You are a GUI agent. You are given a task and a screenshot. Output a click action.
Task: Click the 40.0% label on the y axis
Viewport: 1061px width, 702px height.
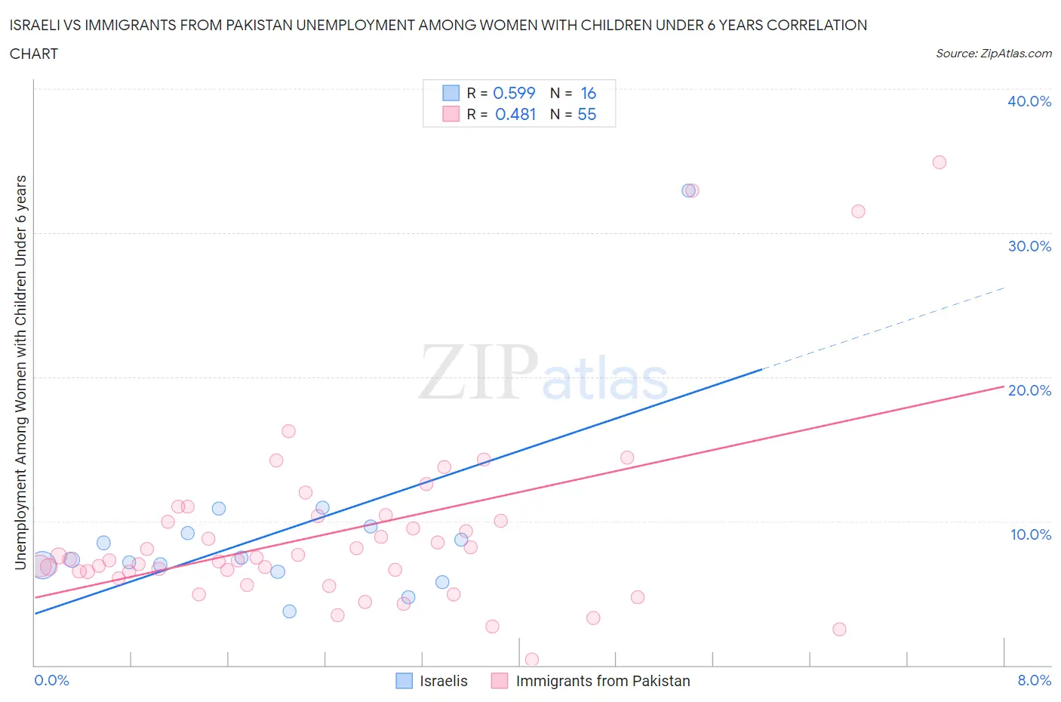click(1029, 101)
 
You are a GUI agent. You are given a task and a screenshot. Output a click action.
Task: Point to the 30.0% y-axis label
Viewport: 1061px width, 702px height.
click(1029, 246)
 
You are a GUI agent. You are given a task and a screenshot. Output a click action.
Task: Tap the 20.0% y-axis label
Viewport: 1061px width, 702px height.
click(1029, 390)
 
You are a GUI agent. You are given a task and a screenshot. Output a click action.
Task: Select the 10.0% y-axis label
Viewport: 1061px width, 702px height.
click(1030, 534)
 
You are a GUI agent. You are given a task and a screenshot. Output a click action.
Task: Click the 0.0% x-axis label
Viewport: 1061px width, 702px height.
click(51, 680)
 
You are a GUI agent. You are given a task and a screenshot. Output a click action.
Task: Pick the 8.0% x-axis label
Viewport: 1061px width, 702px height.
click(1034, 680)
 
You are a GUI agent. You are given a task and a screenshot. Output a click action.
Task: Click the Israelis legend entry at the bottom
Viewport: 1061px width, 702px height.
click(443, 681)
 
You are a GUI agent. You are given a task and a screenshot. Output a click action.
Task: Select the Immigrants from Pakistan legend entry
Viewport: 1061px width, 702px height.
click(602, 681)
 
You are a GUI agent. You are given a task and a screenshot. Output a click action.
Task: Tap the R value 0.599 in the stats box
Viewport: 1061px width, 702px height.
click(514, 93)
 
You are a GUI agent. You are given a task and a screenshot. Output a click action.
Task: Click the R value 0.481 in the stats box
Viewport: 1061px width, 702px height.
click(515, 114)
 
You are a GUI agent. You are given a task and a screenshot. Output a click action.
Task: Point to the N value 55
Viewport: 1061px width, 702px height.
click(586, 114)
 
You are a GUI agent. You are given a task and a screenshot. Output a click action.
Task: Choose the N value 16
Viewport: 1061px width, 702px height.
click(588, 93)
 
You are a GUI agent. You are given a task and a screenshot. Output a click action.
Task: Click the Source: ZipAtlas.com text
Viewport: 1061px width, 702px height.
click(993, 54)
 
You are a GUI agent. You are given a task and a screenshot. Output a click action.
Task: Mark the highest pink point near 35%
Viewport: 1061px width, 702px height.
click(939, 162)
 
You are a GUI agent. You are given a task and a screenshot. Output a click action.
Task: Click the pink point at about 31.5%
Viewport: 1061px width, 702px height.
click(858, 211)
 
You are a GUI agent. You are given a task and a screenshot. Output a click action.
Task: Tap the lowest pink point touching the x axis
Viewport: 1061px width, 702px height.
click(531, 660)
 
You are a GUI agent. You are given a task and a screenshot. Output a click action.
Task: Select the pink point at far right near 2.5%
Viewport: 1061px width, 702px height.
click(839, 630)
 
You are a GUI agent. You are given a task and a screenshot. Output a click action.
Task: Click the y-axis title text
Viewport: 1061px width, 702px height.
click(21, 373)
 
